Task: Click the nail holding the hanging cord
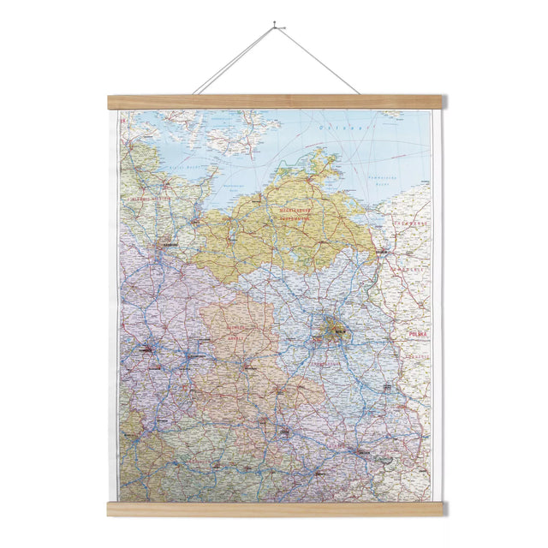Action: tap(275, 26)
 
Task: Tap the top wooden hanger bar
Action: tap(275, 102)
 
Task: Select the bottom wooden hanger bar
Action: tap(275, 509)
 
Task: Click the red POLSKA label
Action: tap(418, 331)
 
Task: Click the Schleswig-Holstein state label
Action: tap(151, 199)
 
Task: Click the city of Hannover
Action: tap(146, 348)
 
